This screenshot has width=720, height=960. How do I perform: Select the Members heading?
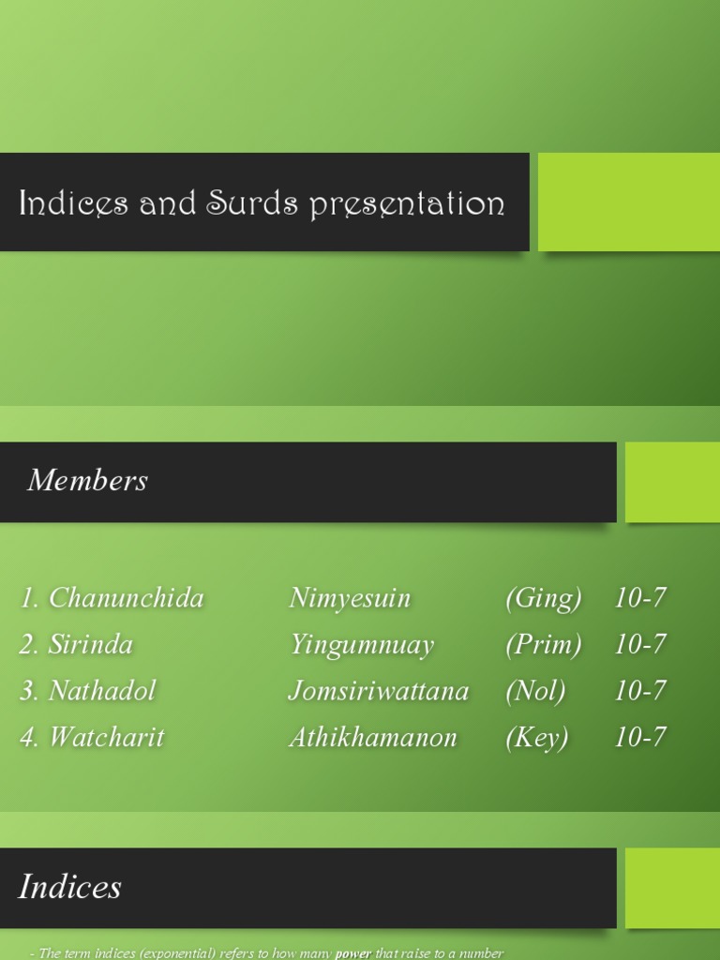click(87, 480)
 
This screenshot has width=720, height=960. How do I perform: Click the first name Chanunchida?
click(126, 598)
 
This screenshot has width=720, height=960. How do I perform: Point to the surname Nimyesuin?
click(350, 598)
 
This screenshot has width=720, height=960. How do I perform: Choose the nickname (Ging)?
click(543, 598)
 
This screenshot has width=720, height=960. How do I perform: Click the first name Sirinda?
click(90, 644)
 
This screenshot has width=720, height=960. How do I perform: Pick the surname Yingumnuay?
click(362, 645)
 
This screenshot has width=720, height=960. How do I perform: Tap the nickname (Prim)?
click(543, 644)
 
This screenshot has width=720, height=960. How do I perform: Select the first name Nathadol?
click(101, 691)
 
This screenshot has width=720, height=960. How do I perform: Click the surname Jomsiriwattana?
click(379, 691)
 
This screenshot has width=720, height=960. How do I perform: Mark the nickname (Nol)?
click(535, 691)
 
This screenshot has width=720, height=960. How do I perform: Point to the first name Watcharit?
click(106, 737)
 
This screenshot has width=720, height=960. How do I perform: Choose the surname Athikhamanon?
click(373, 738)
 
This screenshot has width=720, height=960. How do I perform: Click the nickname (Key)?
click(536, 738)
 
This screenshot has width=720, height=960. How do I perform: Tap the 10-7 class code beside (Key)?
click(640, 738)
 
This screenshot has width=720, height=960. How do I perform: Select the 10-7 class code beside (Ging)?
click(640, 598)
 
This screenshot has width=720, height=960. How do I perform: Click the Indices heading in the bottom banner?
click(70, 887)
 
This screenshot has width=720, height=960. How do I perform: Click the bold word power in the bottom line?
click(353, 953)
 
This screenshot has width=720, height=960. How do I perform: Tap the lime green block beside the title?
click(628, 202)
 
